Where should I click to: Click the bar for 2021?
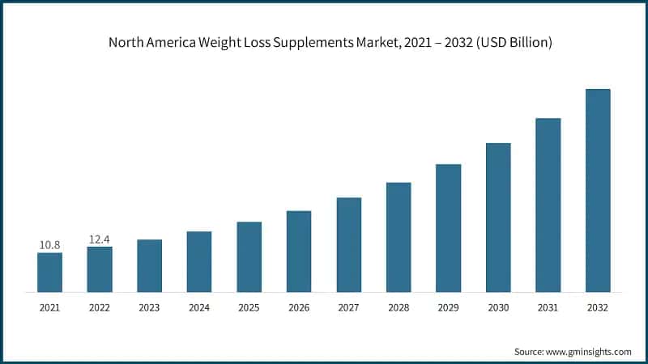(49, 272)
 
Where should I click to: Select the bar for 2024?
(199, 261)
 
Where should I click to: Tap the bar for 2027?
(349, 244)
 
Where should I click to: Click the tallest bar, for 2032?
(598, 190)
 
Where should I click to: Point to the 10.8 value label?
(49, 244)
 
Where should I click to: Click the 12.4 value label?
(100, 239)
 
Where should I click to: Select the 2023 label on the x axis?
(149, 307)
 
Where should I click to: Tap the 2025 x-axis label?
(249, 307)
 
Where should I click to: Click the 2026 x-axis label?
(299, 307)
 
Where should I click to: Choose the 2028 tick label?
(399, 307)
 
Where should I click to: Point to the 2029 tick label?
(449, 307)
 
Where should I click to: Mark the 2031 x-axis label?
(548, 307)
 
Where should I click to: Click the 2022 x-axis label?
(100, 307)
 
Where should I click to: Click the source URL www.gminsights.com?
(588, 352)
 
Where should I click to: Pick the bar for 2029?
(449, 227)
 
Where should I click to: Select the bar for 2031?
(548, 205)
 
